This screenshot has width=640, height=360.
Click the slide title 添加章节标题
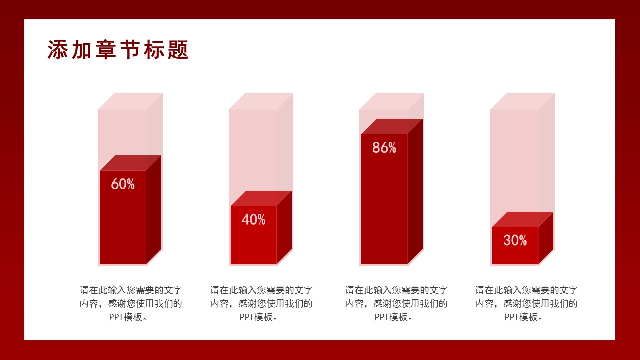click(x=118, y=50)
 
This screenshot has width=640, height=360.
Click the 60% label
click(x=123, y=184)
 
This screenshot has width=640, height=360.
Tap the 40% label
click(x=253, y=220)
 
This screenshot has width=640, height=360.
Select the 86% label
click(x=384, y=148)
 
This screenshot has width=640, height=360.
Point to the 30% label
click(x=515, y=241)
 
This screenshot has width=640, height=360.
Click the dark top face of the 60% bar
click(x=130, y=163)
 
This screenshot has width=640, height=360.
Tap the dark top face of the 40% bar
click(x=261, y=198)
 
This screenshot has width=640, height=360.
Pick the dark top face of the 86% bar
click(x=392, y=126)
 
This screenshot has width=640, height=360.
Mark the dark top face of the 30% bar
click(x=523, y=219)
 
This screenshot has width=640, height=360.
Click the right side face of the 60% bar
click(x=154, y=210)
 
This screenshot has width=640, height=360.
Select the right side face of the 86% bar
click(x=415, y=192)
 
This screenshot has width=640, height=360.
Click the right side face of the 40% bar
click(x=284, y=227)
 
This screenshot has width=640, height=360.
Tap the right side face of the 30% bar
click(x=546, y=238)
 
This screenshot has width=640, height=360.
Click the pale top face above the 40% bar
click(x=261, y=101)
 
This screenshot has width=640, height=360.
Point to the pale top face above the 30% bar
click(x=523, y=101)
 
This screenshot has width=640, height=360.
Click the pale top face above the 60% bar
click(x=130, y=101)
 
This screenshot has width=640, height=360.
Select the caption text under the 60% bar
click(x=131, y=303)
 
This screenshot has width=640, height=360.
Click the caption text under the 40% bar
click(x=261, y=303)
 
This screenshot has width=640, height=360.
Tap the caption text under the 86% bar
click(x=396, y=303)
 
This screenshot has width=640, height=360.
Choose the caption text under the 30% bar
click(x=526, y=303)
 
